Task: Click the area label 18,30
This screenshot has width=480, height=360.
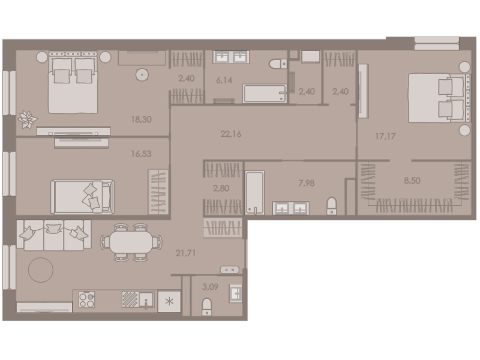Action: point(141,119)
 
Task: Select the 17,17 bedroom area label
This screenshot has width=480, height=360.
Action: point(385,136)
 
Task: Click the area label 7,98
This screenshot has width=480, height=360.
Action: point(306,182)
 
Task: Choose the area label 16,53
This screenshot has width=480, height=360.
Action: point(141,154)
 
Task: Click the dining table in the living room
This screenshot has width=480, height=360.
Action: point(131,242)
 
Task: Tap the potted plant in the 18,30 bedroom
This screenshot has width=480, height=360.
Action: point(27,119)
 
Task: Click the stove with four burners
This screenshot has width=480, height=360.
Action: point(87,299)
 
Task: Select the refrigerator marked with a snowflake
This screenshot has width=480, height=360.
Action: point(169,301)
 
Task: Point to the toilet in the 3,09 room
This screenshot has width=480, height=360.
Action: point(208,307)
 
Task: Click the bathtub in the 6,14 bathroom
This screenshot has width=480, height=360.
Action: point(265,93)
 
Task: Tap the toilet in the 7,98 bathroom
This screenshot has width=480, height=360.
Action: point(332,206)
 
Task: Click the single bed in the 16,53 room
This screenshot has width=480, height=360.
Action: point(82,196)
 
